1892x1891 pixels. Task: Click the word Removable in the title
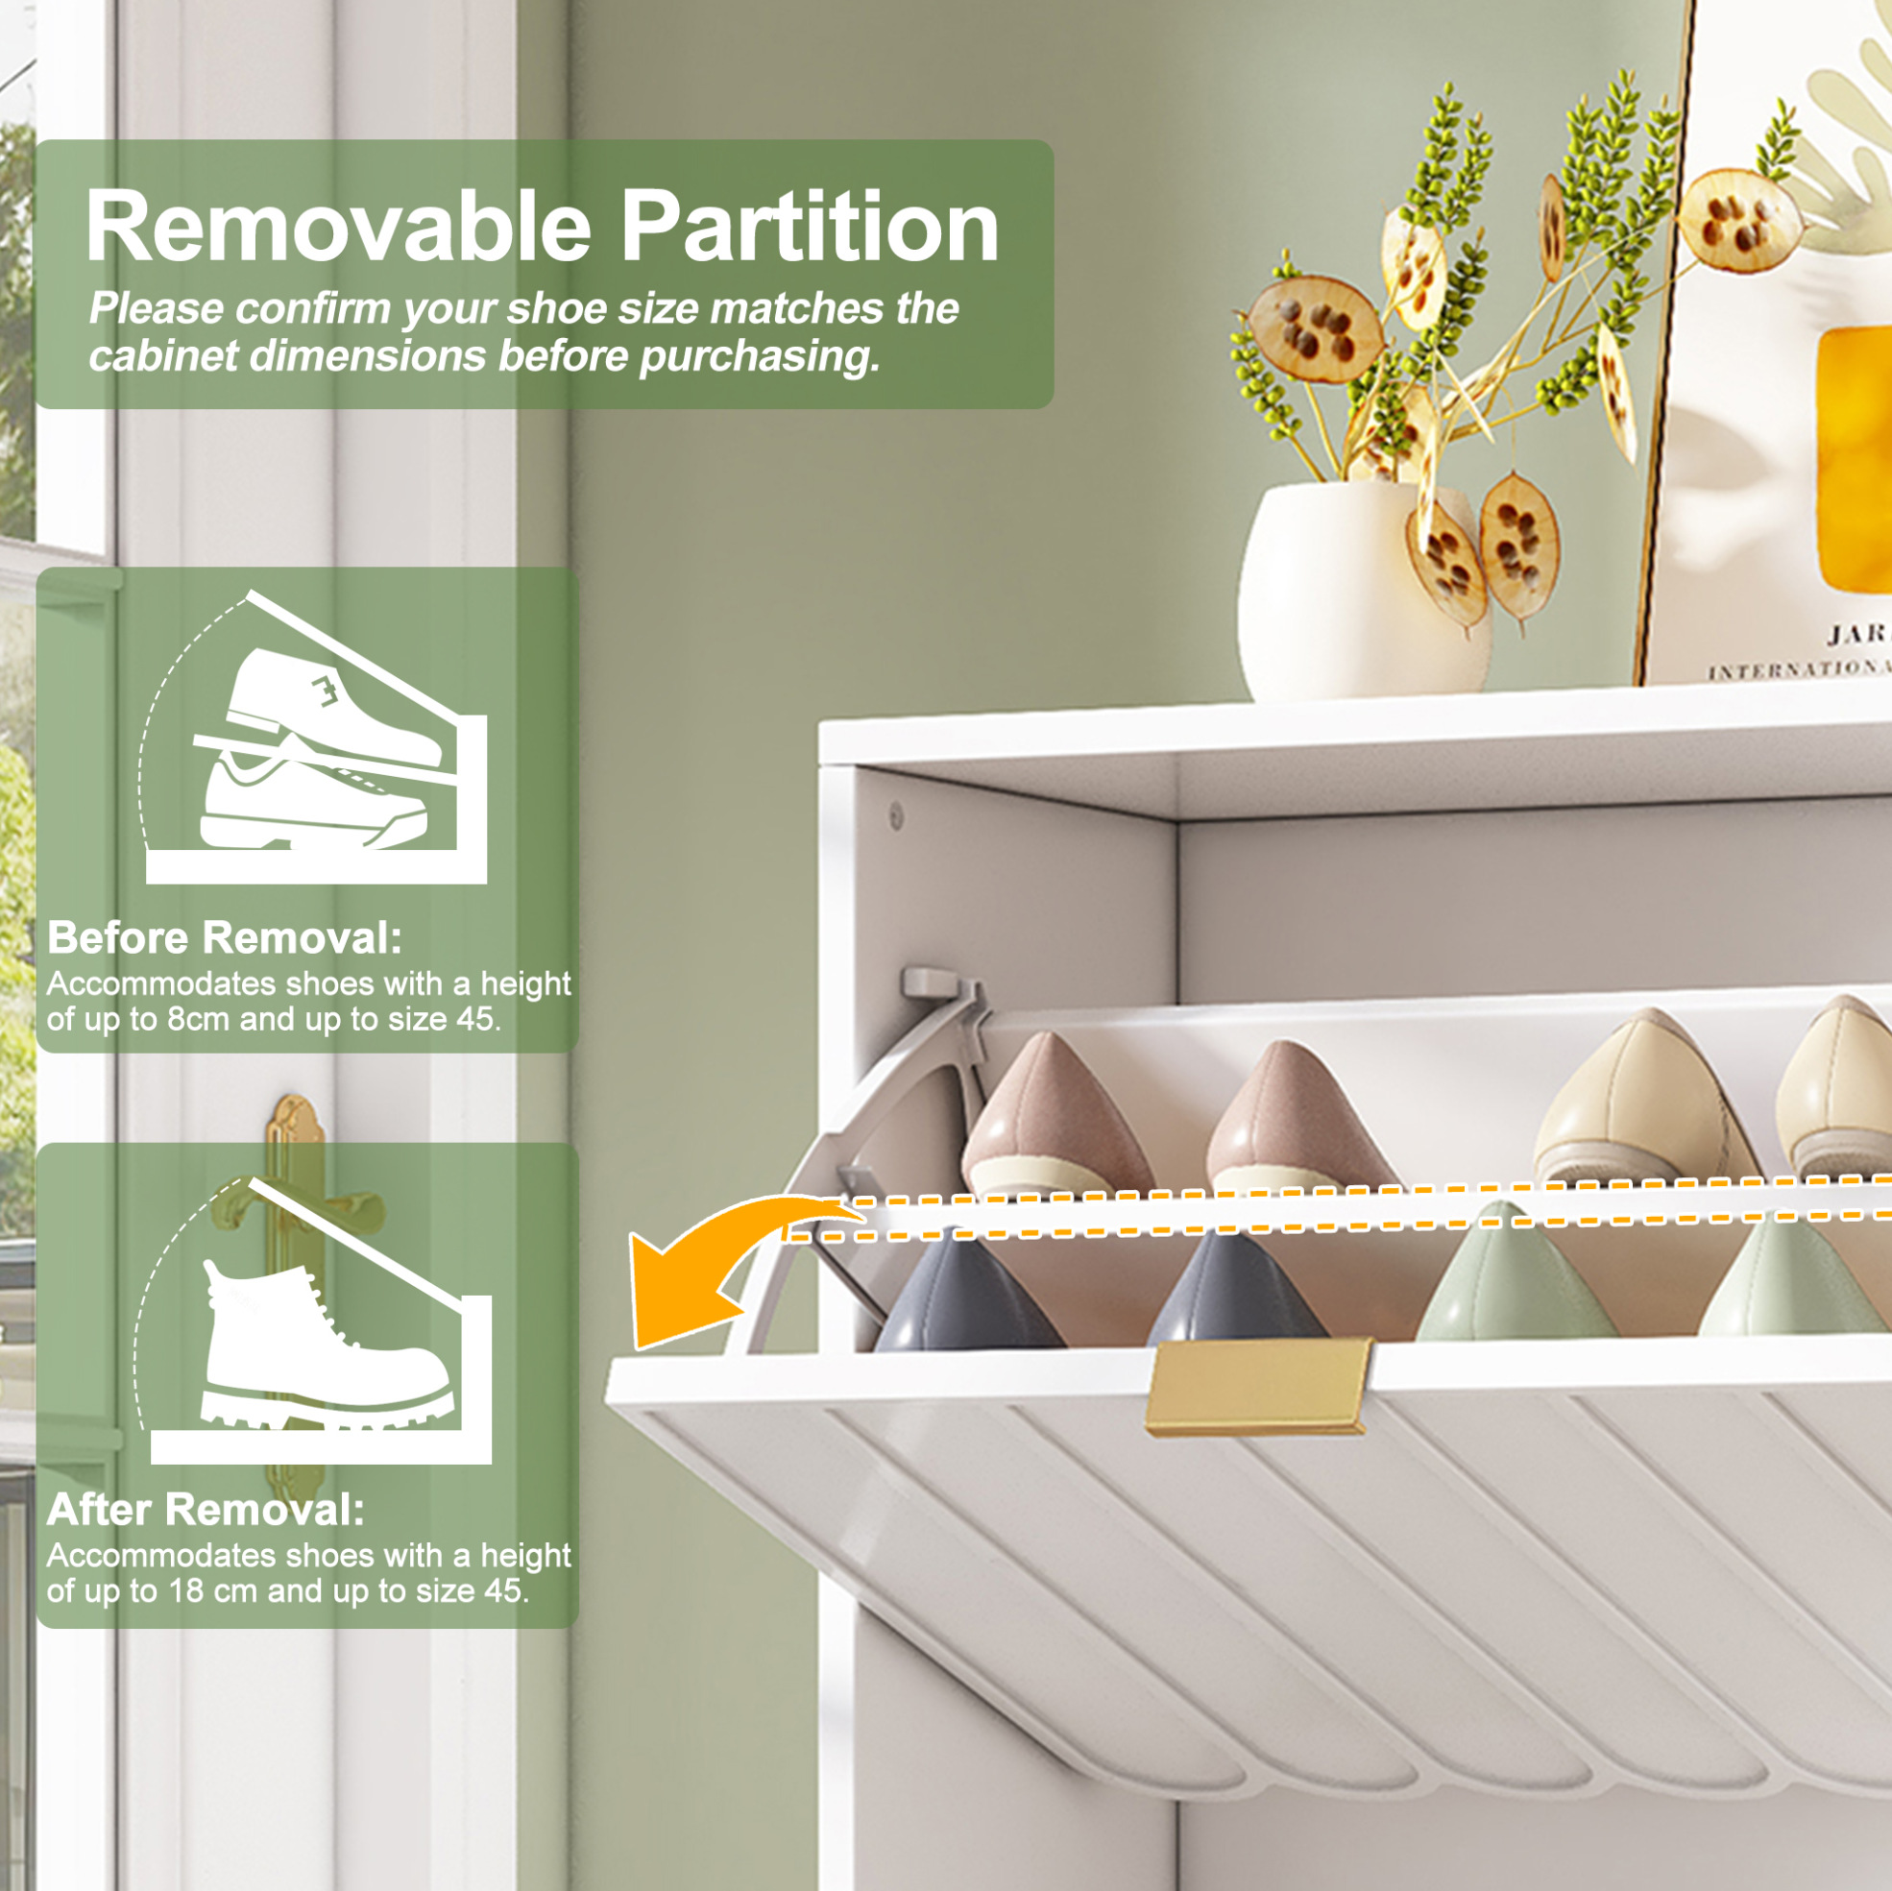coord(339,228)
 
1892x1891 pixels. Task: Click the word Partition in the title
coord(811,228)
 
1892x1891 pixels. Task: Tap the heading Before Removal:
coord(225,938)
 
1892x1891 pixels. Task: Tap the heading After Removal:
coord(206,1510)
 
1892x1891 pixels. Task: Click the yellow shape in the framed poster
coord(1854,460)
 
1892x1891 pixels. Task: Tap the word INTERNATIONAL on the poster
coord(1800,668)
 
